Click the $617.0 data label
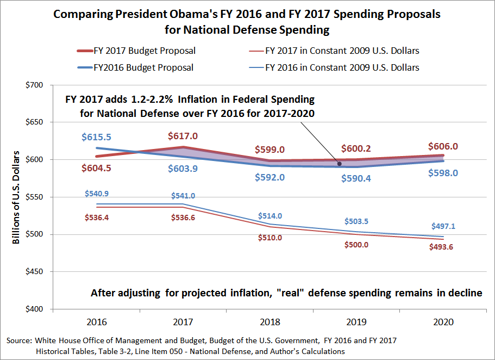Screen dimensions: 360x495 pos(183,135)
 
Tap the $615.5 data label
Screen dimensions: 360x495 pos(97,138)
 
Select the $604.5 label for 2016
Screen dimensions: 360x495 pos(97,168)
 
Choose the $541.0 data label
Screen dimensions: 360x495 pos(183,196)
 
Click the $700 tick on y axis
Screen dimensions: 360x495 pos(34,85)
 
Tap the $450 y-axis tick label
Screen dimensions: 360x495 pos(34,272)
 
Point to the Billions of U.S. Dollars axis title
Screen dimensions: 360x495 pos(16,197)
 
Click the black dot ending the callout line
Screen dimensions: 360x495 pos(340,164)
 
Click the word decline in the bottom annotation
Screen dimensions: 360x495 pos(465,293)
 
